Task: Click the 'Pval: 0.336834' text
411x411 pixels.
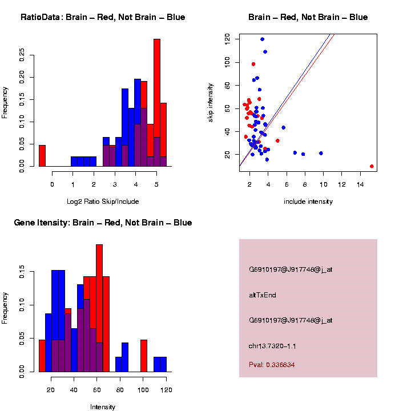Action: coord(272,364)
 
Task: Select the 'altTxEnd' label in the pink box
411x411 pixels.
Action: coord(263,295)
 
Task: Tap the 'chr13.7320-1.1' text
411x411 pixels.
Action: coord(272,346)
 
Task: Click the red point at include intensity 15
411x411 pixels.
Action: coord(372,166)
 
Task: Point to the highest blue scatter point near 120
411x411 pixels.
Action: coord(262,39)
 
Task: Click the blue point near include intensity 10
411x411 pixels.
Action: coord(321,153)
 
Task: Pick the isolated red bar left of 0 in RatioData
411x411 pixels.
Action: coord(42,155)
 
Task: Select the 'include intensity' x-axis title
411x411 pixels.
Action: coord(308,202)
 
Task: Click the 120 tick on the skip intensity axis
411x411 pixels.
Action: coord(227,39)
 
